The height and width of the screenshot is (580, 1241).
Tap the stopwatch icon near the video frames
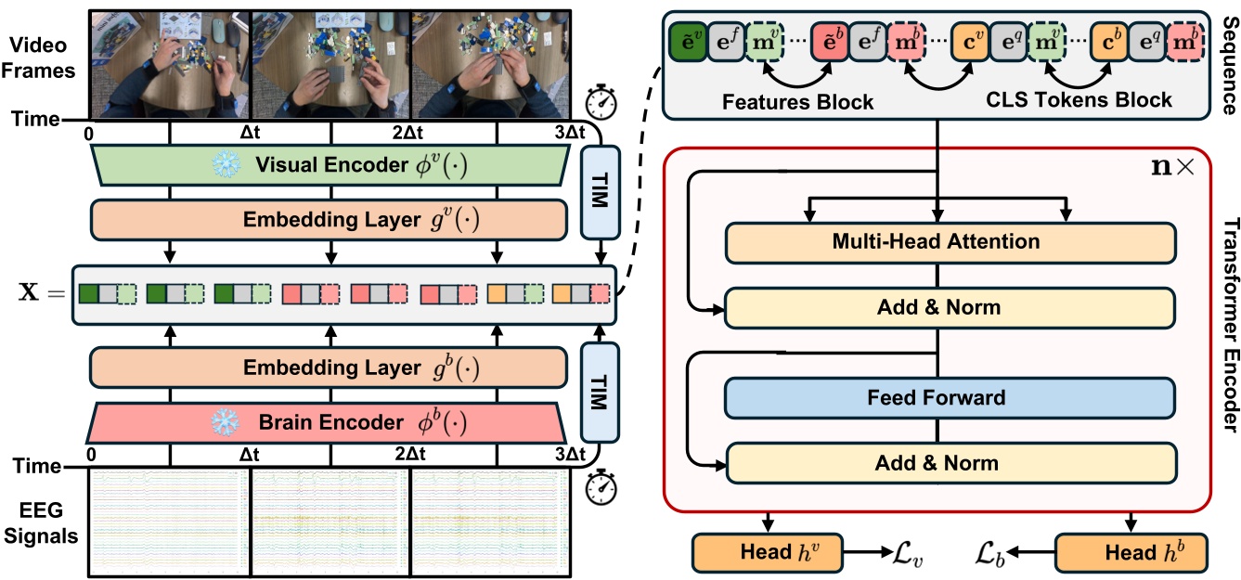tap(602, 100)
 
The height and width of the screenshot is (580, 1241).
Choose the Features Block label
tap(796, 100)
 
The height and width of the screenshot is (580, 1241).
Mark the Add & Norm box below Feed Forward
tap(951, 462)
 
